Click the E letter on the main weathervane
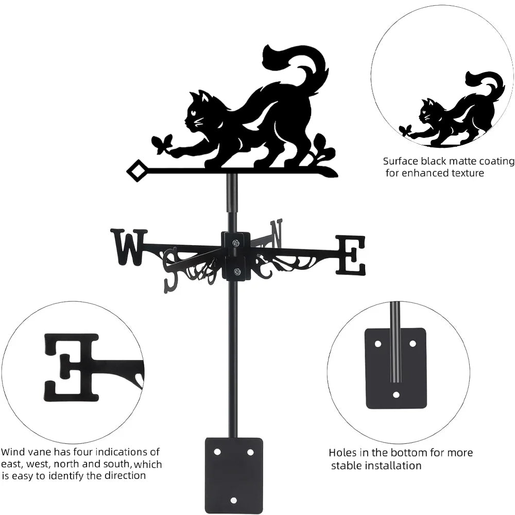[351, 255]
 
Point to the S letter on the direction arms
[171, 269]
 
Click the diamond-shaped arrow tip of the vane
[136, 171]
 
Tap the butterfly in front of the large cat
[163, 144]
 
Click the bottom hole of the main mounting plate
[234, 500]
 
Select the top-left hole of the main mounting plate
[217, 452]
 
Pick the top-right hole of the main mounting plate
[250, 452]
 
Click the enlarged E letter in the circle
[72, 367]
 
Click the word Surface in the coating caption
[399, 161]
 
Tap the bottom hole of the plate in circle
[396, 395]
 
